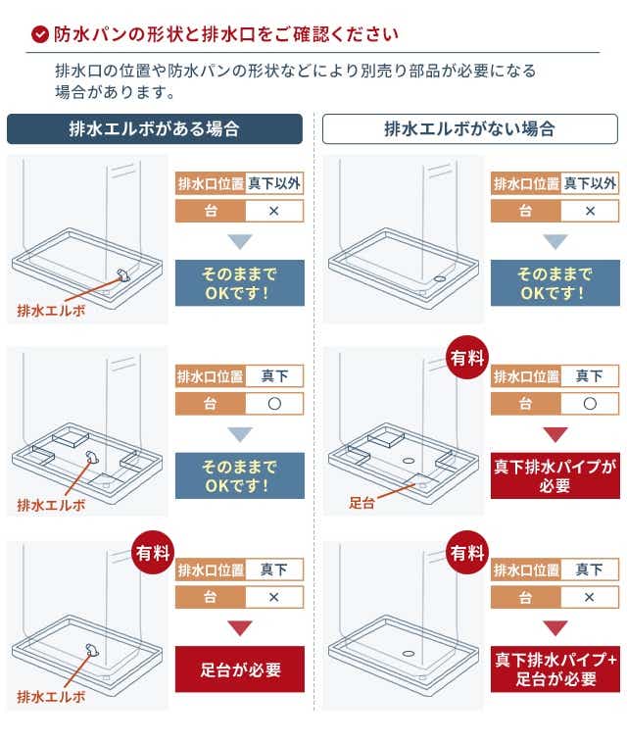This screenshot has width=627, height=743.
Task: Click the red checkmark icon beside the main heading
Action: click(x=40, y=33)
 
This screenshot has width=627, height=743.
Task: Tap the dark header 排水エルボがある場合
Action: click(x=155, y=128)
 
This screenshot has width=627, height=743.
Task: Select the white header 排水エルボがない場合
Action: click(x=470, y=128)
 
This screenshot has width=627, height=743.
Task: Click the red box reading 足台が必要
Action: click(x=240, y=669)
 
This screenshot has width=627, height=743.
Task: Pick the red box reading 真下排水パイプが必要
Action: click(x=555, y=475)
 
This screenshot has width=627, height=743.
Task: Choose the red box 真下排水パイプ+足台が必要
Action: click(x=555, y=669)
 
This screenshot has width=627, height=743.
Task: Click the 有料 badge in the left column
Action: click(x=153, y=553)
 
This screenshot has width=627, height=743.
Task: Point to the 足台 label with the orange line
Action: click(x=362, y=502)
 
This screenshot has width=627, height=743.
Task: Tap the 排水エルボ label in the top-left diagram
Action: click(x=51, y=311)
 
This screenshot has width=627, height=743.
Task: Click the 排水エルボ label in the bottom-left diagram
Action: click(x=51, y=696)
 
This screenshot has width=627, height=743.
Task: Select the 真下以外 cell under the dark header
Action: click(x=274, y=183)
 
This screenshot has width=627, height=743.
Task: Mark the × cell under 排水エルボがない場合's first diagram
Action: click(x=590, y=211)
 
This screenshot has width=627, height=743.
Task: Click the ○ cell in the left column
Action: click(x=274, y=404)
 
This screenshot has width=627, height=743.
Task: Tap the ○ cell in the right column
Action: click(x=590, y=404)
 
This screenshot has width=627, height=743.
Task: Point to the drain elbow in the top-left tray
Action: click(x=123, y=274)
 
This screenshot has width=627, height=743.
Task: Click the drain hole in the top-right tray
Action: click(x=439, y=279)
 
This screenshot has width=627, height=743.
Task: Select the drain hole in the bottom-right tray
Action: click(x=409, y=654)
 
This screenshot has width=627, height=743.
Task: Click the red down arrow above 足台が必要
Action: click(x=240, y=627)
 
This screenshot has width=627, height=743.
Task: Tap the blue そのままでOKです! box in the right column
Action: click(x=555, y=282)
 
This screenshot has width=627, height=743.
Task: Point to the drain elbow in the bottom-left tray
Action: click(x=91, y=650)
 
